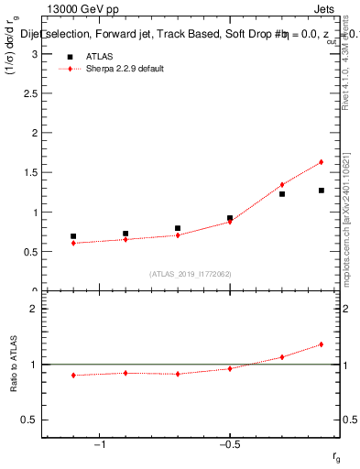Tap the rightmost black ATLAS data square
tap(322, 191)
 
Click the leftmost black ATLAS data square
tap(73, 236)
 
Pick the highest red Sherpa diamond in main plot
tap(322, 162)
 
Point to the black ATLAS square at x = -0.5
tap(230, 218)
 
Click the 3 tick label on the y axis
tap(34, 54)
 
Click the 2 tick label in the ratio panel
tap(34, 309)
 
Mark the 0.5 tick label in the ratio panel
tap(29, 420)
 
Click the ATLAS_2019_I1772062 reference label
tap(191, 274)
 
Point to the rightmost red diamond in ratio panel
tap(322, 344)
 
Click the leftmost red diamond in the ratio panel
tap(73, 375)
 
